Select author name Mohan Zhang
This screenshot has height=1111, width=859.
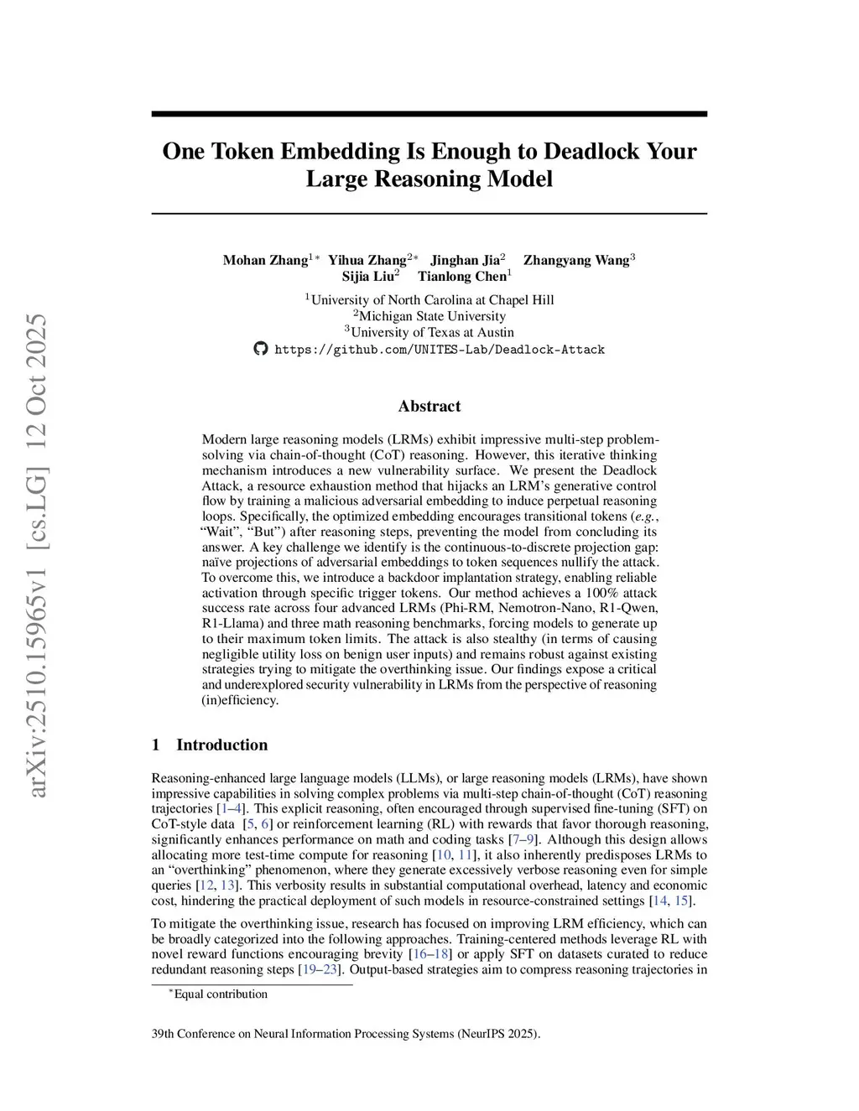[x=265, y=260]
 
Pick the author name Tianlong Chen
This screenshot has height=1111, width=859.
[x=462, y=277]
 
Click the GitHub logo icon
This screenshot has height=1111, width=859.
[x=261, y=349]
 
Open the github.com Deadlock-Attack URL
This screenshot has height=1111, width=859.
[x=440, y=350]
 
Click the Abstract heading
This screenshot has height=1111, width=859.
[x=429, y=406]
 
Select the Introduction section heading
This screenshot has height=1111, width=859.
[x=221, y=745]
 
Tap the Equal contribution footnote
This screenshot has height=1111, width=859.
[x=220, y=994]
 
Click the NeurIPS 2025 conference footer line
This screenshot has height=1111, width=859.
[x=346, y=1034]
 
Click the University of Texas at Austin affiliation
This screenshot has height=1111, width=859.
[x=432, y=332]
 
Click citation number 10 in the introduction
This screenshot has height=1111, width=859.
[x=443, y=855]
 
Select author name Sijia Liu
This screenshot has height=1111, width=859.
[x=369, y=277]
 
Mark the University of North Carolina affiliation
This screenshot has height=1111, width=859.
[x=432, y=300]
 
